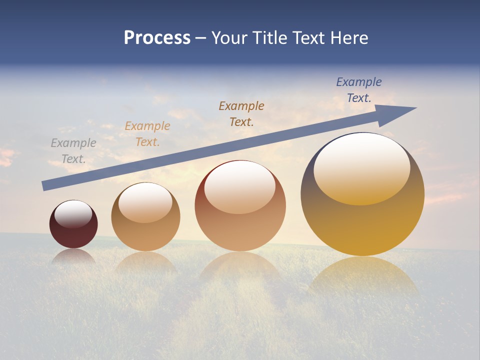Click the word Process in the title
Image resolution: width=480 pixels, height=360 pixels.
[x=157, y=38]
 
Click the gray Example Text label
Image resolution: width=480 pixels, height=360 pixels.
[x=73, y=151]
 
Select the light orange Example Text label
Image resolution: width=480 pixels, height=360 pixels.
[x=147, y=134]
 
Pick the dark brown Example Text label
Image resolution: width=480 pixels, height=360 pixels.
[x=241, y=113]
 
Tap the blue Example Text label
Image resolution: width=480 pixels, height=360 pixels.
[x=359, y=90]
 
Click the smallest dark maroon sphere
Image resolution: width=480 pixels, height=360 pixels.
[x=73, y=235]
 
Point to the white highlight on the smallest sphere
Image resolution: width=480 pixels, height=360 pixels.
[x=73, y=214]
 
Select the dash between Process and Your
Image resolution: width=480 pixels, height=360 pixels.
[x=201, y=38]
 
